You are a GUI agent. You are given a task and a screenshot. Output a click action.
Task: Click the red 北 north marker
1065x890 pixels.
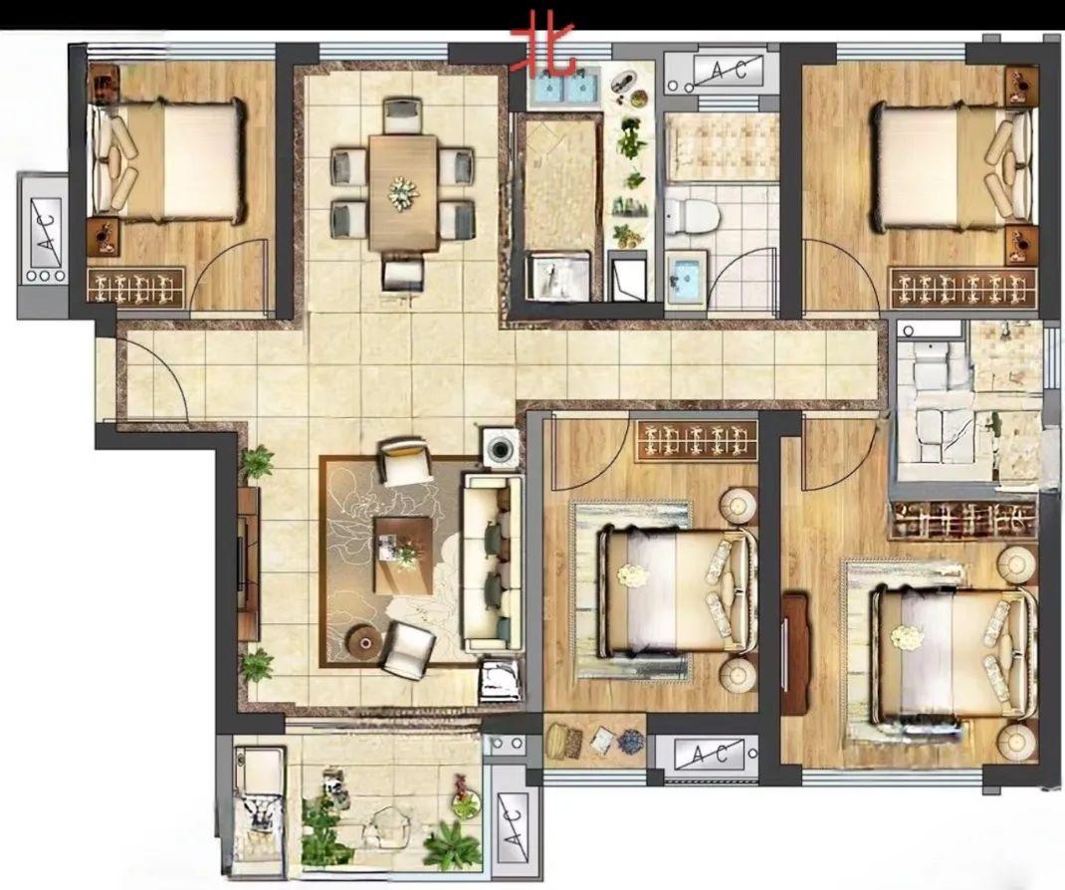543,49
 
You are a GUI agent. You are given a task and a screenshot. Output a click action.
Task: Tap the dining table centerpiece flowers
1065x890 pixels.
403,193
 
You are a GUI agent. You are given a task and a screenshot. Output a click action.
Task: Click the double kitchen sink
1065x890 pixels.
563,88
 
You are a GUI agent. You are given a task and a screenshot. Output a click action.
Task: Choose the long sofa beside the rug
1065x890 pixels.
494,563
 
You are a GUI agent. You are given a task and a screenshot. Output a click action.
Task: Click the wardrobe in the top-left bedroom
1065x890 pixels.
135,286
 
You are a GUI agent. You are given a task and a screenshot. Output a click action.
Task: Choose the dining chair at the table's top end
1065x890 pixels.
403,116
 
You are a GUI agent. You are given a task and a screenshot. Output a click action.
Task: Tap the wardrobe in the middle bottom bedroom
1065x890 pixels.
696,440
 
